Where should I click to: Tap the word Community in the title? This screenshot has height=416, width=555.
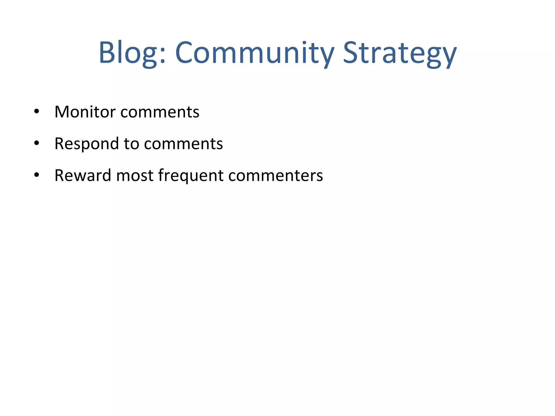click(255, 53)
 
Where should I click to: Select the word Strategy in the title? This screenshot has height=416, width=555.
click(400, 53)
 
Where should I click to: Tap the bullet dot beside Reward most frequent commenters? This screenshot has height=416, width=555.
click(37, 175)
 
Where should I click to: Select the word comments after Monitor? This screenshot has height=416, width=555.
click(160, 112)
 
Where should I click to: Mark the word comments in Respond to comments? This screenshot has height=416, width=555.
click(183, 144)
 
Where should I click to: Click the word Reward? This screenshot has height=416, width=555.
click(83, 175)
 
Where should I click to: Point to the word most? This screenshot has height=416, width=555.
click(135, 175)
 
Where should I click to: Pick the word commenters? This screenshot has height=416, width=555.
click(276, 175)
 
